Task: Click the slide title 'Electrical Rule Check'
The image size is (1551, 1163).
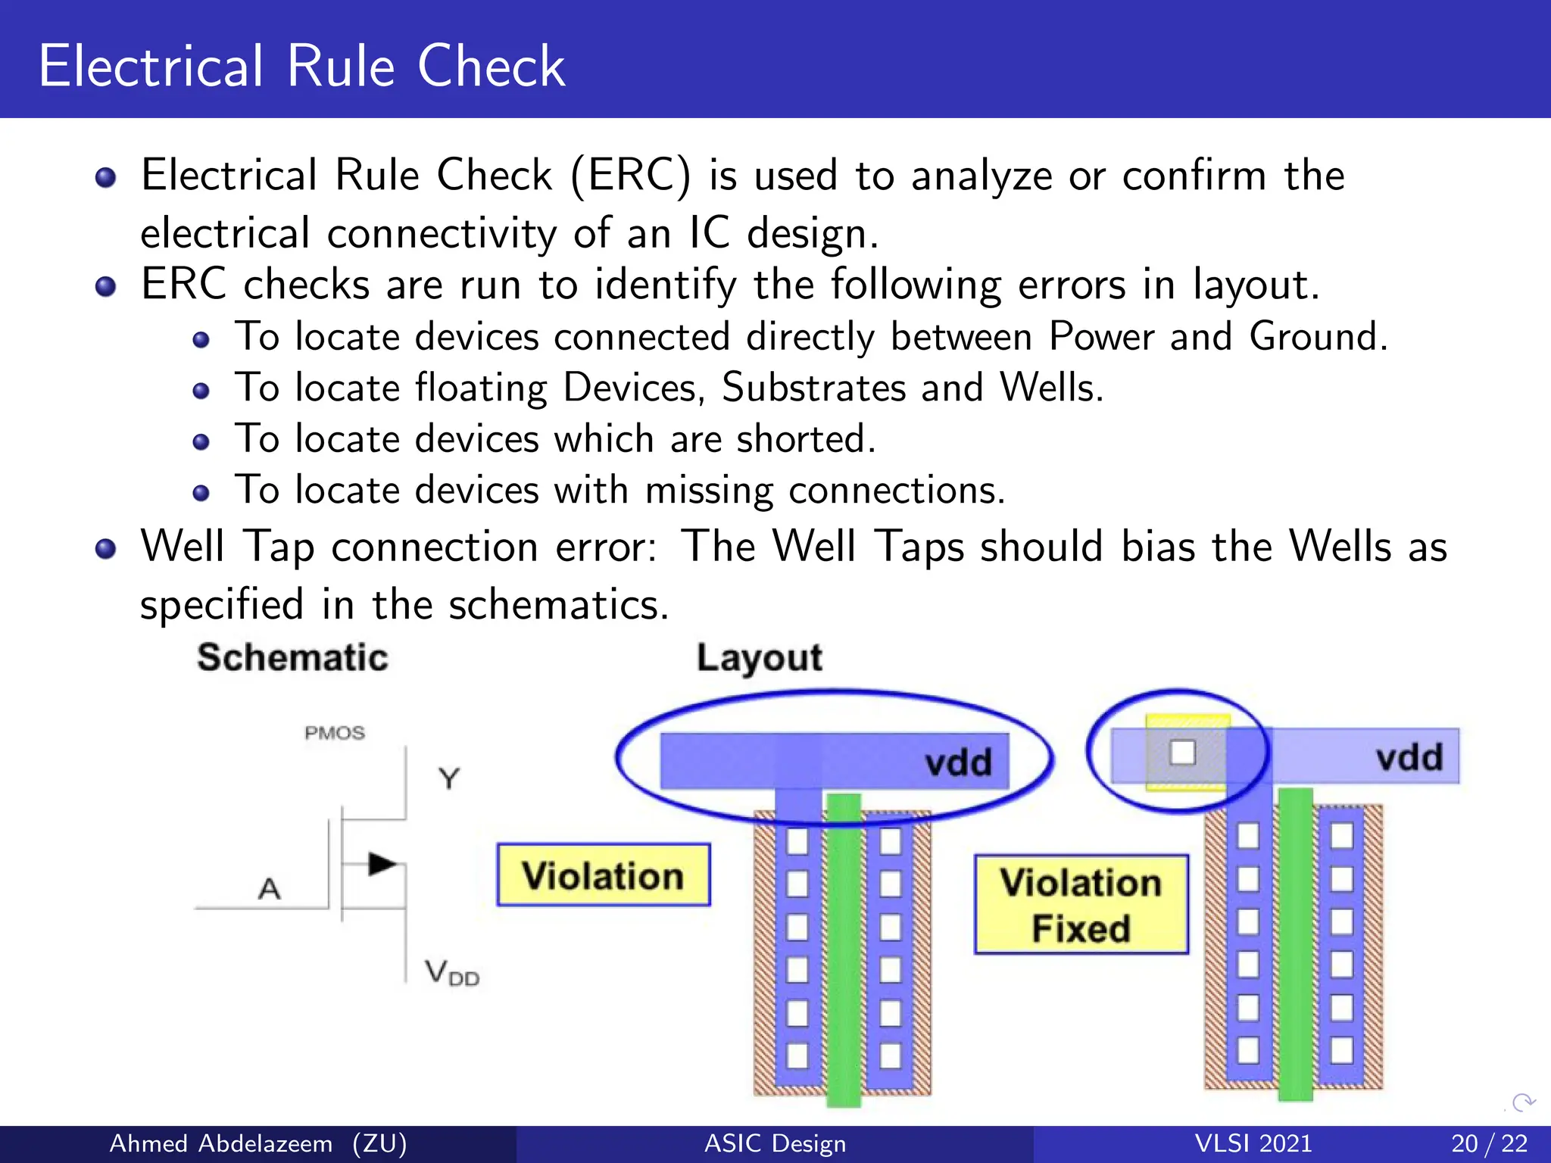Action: click(301, 67)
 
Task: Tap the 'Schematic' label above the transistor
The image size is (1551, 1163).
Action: click(292, 657)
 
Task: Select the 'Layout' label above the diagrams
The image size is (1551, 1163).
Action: click(759, 657)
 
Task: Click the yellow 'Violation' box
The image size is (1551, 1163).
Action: click(603, 875)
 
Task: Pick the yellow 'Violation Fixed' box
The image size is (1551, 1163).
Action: click(1081, 905)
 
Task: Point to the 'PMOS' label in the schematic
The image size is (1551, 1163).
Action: click(334, 733)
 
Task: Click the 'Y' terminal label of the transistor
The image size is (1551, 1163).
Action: click(448, 778)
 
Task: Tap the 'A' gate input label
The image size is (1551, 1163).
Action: click(269, 888)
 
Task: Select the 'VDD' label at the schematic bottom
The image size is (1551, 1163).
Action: click(451, 972)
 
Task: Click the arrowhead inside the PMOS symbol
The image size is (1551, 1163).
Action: click(381, 864)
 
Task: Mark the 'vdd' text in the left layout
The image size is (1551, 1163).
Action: click(958, 762)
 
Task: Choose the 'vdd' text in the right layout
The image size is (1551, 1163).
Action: click(1409, 757)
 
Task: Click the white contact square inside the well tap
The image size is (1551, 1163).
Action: click(1182, 753)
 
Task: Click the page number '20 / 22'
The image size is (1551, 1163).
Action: click(1489, 1143)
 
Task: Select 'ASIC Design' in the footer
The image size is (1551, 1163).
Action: click(775, 1143)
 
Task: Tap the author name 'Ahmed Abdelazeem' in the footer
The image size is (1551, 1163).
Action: click(220, 1143)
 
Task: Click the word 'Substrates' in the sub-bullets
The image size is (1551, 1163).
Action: click(813, 388)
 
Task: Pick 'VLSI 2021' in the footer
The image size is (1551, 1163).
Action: click(1253, 1143)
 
